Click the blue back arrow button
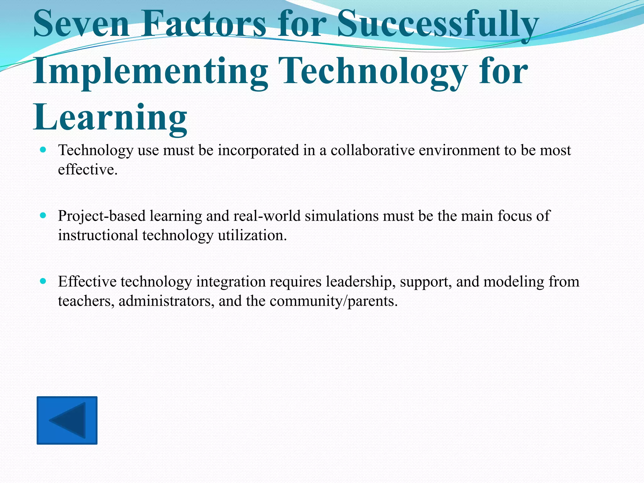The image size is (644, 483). [x=67, y=420]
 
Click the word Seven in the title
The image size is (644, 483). [x=81, y=24]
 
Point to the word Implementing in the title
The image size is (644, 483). [x=150, y=72]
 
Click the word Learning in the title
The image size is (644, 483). [x=110, y=118]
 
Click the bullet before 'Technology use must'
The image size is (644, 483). [x=43, y=150]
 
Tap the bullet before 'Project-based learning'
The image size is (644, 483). [x=43, y=215]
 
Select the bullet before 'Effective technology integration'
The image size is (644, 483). [x=43, y=281]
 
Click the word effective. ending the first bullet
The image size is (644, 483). [x=88, y=170]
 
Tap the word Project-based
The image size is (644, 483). [x=102, y=216]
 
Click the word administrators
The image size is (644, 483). [x=166, y=301]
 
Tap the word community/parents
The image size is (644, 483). [x=334, y=301]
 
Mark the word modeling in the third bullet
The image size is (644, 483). [x=514, y=282]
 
